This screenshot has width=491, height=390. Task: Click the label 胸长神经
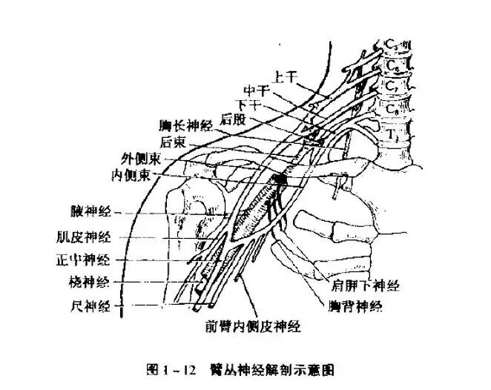coord(185,126)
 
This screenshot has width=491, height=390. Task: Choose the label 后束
coord(172,141)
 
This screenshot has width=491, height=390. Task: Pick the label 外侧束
coord(137,159)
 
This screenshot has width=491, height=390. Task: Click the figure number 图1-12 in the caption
coord(171,368)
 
